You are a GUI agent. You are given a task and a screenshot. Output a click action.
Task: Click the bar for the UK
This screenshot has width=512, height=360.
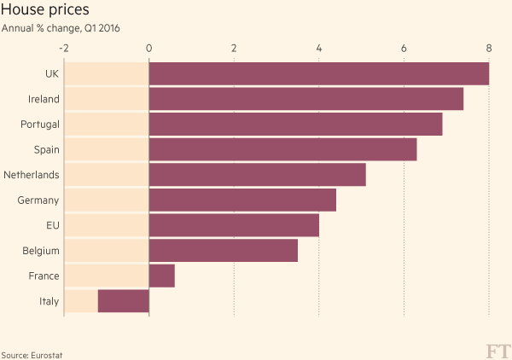coord(318,73)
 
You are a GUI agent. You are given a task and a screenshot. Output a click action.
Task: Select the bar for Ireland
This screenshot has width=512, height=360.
coord(305,99)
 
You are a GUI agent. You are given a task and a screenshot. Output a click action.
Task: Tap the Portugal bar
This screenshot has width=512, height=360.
coord(295,124)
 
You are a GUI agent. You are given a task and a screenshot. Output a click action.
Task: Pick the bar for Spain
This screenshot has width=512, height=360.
coord(282,149)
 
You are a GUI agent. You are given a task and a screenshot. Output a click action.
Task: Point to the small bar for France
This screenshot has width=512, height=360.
coord(161,276)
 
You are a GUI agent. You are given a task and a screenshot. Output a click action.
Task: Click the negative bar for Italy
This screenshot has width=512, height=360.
coord(124,301)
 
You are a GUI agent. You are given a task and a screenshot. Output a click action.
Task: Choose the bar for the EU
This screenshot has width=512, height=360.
coord(234,225)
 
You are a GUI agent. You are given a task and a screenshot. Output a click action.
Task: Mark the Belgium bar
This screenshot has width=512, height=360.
coord(223,251)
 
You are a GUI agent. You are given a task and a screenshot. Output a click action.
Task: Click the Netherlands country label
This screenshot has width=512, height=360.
coord(32,175)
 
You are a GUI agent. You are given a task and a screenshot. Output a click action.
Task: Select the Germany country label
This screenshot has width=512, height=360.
coord(38,200)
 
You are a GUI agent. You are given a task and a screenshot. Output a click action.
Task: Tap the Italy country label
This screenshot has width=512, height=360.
coord(49,301)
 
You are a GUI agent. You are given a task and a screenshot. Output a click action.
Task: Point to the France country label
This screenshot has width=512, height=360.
coord(44,276)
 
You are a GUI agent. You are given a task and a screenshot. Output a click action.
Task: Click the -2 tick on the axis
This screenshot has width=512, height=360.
coord(64,48)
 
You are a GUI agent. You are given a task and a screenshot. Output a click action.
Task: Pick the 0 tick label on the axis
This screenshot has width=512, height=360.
coord(149,48)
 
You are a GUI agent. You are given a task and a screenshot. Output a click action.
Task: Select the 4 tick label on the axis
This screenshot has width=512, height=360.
coord(319,48)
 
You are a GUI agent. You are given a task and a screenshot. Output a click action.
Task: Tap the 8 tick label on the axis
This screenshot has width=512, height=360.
coord(489,48)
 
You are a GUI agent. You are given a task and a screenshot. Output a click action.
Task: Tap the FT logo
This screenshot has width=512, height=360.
coord(497,351)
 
